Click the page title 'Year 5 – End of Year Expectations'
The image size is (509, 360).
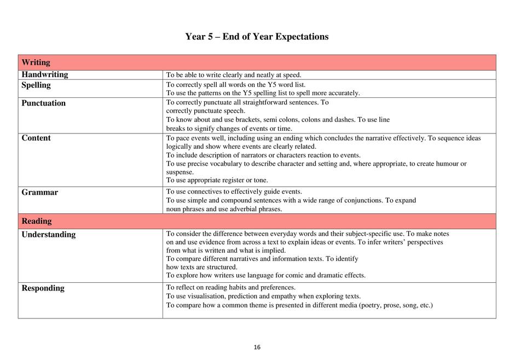click(x=257, y=37)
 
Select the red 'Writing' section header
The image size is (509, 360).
click(x=36, y=62)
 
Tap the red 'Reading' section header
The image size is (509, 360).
click(x=36, y=221)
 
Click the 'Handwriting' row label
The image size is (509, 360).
click(x=45, y=74)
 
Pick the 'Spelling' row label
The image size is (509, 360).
click(x=36, y=85)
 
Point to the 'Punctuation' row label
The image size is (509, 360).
click(x=43, y=103)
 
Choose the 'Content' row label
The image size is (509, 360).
click(x=36, y=138)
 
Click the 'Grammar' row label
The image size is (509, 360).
click(x=39, y=192)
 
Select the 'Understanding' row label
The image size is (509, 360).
click(x=49, y=234)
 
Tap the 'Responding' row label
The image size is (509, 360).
click(x=43, y=288)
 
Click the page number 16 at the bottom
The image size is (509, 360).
click(x=257, y=347)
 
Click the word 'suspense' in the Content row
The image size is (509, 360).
click(x=180, y=172)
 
